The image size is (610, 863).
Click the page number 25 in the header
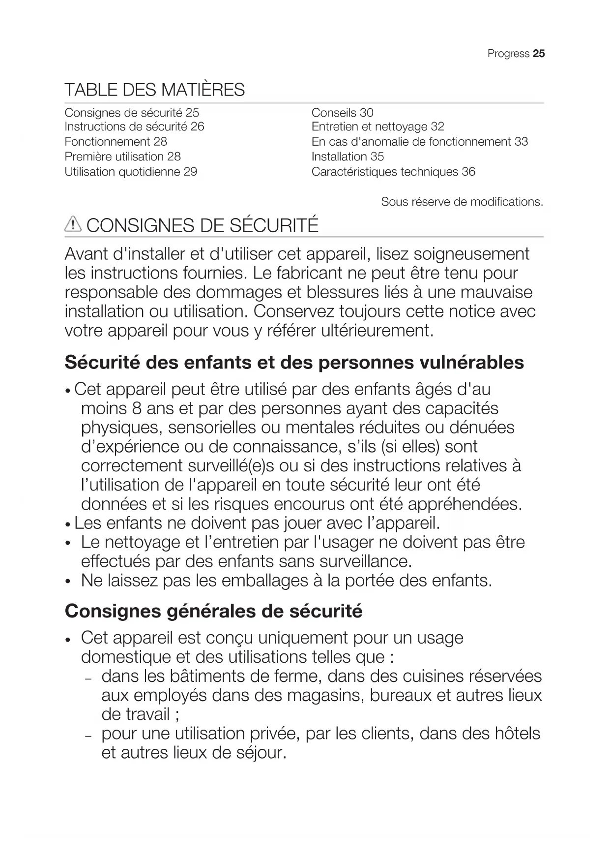pos(539,54)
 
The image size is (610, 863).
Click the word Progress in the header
pos(508,54)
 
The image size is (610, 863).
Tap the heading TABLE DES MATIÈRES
pos(154,90)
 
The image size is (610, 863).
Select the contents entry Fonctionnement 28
pos(116,142)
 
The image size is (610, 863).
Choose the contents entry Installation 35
pos(348,157)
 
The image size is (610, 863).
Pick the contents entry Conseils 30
pos(342,113)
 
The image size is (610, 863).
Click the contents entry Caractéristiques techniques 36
pos(393,172)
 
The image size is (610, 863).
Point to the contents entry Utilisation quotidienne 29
pos(131,172)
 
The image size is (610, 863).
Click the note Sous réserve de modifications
pos(462,202)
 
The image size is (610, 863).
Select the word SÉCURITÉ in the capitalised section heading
pos(274,225)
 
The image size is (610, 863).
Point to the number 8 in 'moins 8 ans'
pos(136,408)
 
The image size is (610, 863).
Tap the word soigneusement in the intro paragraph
pos(471,254)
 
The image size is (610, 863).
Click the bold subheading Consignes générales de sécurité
pos(213,611)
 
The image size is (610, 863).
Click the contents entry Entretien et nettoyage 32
pos(378,127)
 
